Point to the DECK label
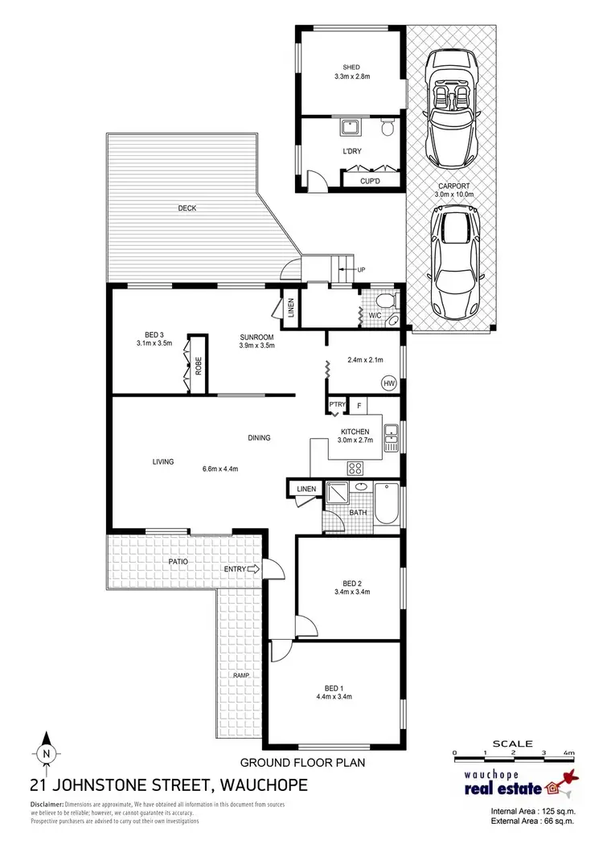point(187,208)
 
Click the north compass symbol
point(46,753)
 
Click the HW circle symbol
point(389,383)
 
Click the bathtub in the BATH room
point(387,504)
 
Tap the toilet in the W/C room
point(387,302)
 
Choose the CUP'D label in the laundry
point(370,182)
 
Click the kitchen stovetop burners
point(355,468)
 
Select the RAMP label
point(242,675)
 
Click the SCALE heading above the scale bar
point(512,743)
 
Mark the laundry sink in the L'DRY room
point(351,128)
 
